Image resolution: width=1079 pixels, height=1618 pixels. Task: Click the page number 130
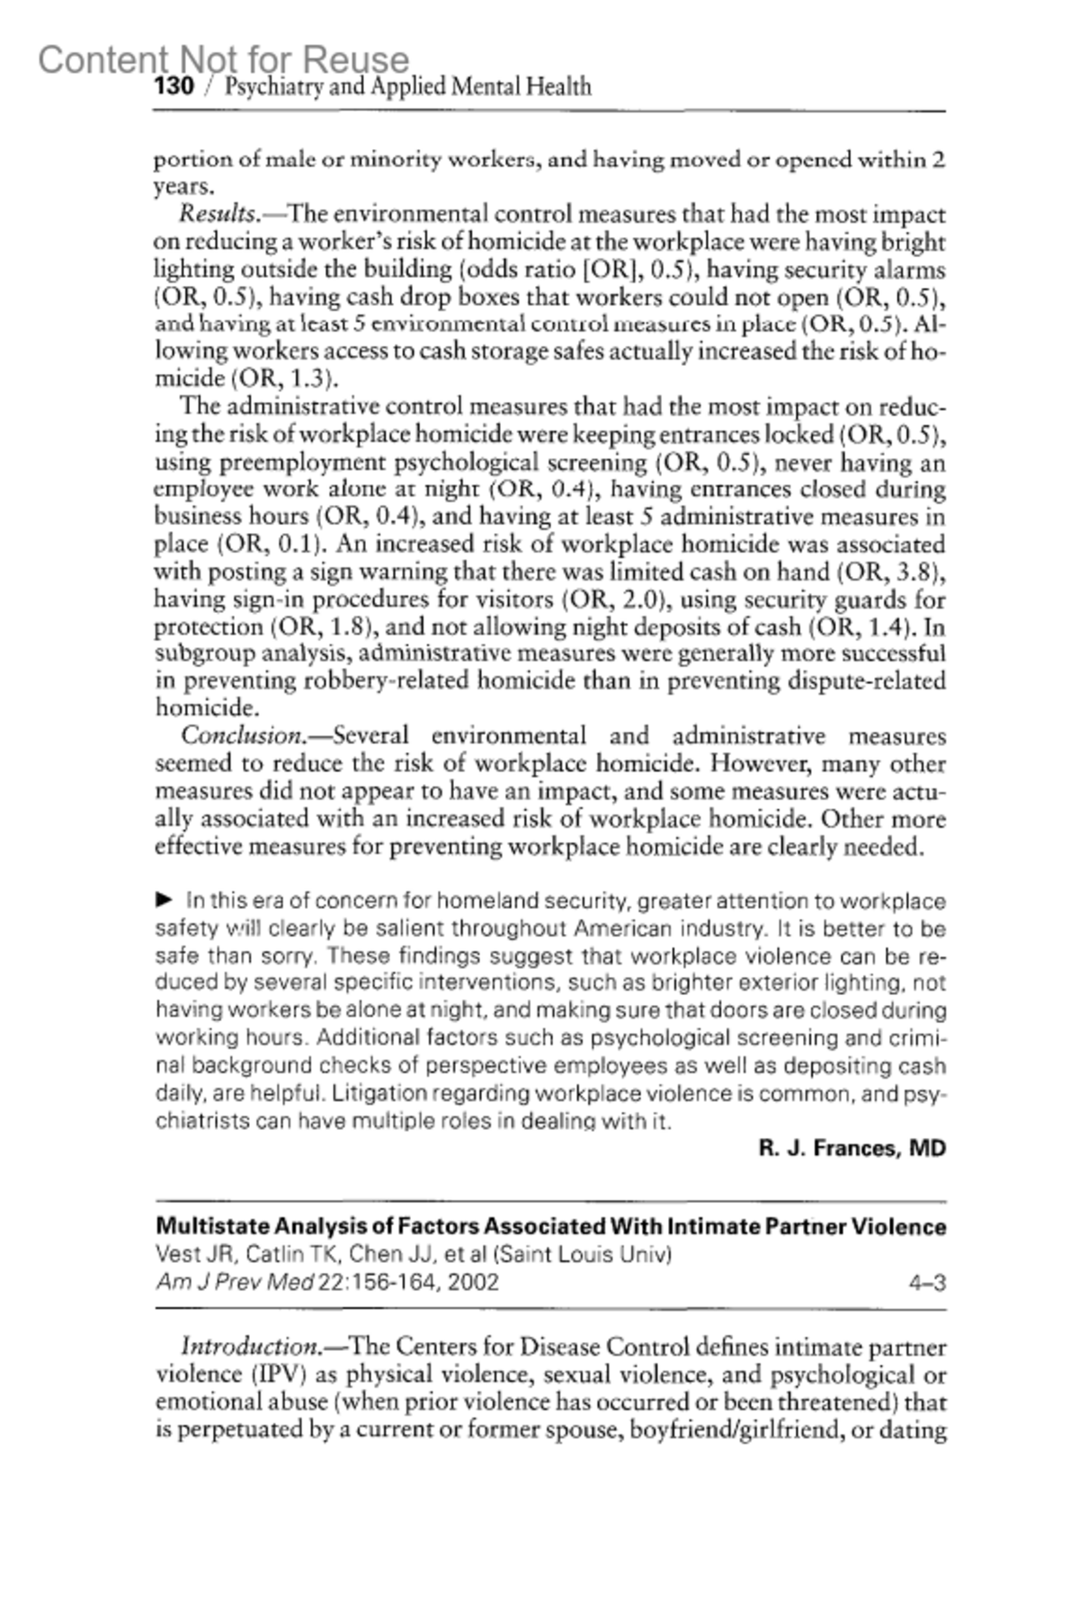tap(174, 87)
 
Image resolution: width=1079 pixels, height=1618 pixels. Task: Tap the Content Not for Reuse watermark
tap(223, 59)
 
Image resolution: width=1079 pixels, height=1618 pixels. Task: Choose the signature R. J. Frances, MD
tap(852, 1148)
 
